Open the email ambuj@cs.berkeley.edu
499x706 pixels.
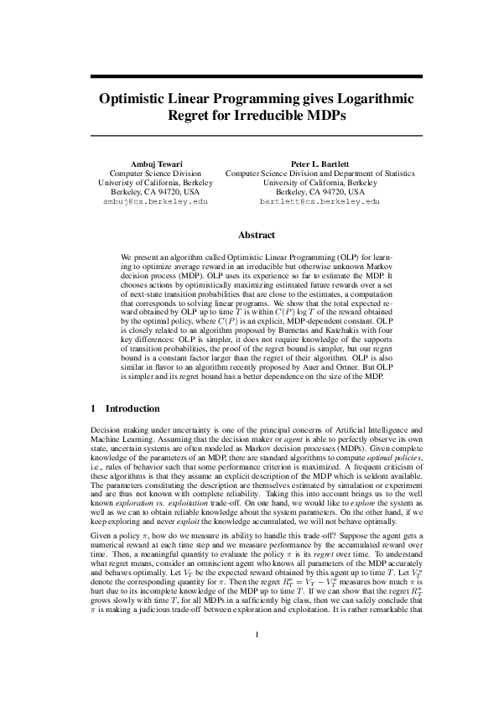[154, 202]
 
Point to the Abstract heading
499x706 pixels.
[249, 236]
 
